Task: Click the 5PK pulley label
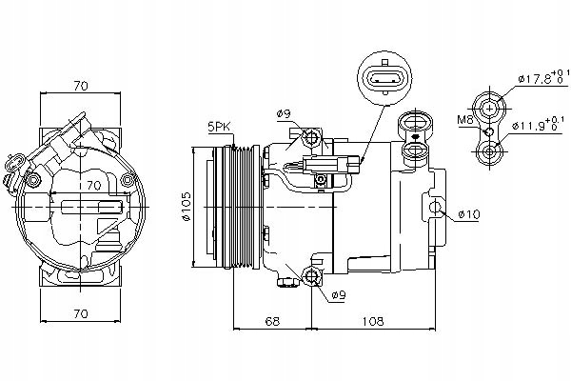[x=219, y=126]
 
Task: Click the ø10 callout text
[x=467, y=214]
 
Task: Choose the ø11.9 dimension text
[x=538, y=125]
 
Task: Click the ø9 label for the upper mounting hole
[x=284, y=114]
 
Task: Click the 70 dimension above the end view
[x=81, y=86]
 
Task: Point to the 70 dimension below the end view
[x=81, y=313]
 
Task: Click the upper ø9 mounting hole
[x=311, y=139]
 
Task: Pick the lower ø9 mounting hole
[x=311, y=277]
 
